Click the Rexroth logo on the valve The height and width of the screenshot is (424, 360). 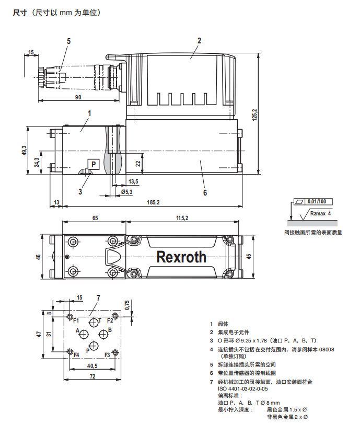click(181, 257)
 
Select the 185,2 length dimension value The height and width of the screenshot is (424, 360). click(153, 202)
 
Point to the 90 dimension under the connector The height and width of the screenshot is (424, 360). click(78, 97)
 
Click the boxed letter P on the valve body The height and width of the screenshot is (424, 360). click(93, 164)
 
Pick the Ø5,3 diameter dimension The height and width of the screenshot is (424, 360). click(126, 192)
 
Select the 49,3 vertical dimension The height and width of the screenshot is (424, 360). click(24, 151)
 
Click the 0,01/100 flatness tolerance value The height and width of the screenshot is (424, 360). click(317, 201)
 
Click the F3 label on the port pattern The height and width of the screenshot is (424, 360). click(107, 355)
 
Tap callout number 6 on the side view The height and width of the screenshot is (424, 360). click(205, 192)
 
